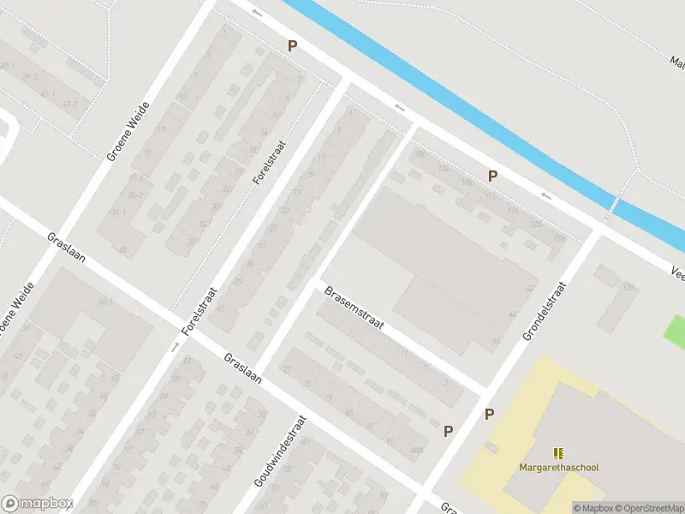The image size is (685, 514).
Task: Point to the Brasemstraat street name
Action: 353,310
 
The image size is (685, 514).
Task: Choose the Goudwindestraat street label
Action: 280,463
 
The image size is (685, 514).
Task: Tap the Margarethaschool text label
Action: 558,468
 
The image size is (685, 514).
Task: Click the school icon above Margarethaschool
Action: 558,453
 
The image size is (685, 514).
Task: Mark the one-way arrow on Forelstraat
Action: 175,347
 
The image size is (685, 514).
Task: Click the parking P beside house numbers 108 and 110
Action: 492,176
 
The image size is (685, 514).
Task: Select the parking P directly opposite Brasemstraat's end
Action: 489,414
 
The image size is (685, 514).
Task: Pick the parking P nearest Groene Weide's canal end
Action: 292,46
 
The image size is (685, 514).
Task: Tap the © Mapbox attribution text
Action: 592,508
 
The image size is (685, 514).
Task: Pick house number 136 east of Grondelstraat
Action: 628,287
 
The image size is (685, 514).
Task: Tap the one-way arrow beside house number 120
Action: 546,196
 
